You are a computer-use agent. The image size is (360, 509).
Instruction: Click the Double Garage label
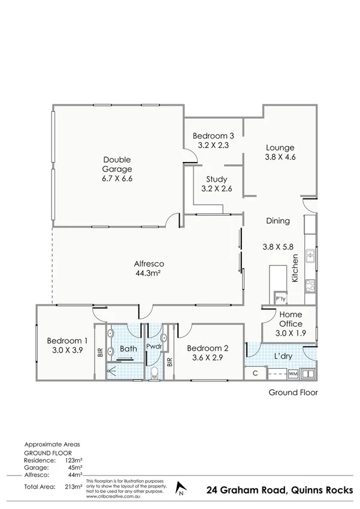117,164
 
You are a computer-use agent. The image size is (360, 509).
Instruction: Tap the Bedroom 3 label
213,135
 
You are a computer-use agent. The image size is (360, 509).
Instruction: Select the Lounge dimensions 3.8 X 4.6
280,157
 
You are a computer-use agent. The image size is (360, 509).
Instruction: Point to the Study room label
216,179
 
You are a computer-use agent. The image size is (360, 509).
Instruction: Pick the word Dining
278,221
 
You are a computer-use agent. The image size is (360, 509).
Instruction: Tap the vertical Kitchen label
295,268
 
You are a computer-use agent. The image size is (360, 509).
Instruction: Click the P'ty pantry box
279,299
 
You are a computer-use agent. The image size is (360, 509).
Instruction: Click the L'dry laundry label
283,356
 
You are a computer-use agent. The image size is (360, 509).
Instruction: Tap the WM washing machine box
293,374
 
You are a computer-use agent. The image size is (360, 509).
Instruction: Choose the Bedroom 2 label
207,348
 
